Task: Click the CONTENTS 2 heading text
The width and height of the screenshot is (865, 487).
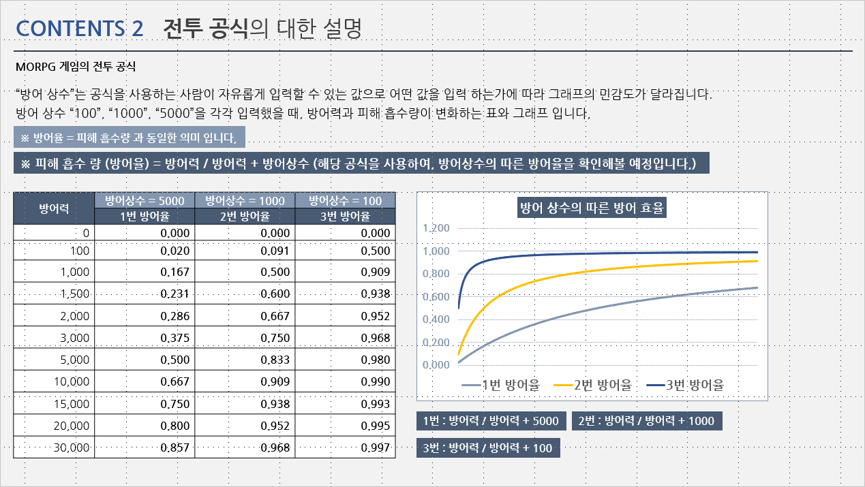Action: (x=80, y=28)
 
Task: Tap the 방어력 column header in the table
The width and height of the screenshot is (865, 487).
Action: (x=54, y=208)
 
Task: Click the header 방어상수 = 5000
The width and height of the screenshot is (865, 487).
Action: (x=145, y=200)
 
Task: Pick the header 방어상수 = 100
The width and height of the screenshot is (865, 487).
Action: (x=346, y=200)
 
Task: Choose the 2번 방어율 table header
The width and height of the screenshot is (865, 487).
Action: (x=245, y=217)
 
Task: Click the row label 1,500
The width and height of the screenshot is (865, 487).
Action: (x=75, y=294)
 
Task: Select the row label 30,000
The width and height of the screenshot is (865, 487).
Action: (x=71, y=447)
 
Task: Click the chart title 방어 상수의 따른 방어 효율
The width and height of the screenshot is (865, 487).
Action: (x=592, y=208)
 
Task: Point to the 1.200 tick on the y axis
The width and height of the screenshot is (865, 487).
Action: (x=436, y=228)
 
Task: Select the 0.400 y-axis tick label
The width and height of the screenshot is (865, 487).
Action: (x=436, y=319)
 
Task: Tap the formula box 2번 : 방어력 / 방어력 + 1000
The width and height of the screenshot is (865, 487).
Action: (x=646, y=421)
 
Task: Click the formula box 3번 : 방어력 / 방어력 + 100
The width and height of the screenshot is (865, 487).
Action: (x=488, y=448)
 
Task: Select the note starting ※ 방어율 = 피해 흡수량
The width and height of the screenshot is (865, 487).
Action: (x=129, y=138)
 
